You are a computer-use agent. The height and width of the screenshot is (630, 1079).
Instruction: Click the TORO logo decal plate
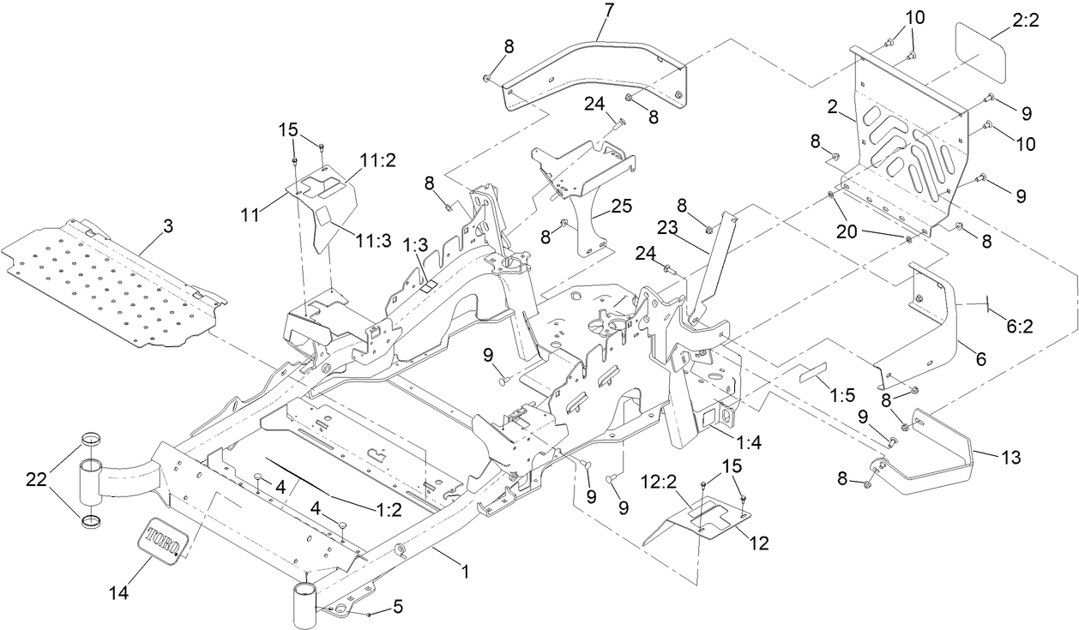160,540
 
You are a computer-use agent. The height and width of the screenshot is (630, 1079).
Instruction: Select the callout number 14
120,591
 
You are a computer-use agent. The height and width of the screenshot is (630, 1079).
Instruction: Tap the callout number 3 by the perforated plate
168,227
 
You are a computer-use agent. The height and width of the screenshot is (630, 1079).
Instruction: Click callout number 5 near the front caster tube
397,606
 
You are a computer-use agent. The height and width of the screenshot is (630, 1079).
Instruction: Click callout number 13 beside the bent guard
1010,458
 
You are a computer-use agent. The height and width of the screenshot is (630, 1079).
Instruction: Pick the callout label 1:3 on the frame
415,244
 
